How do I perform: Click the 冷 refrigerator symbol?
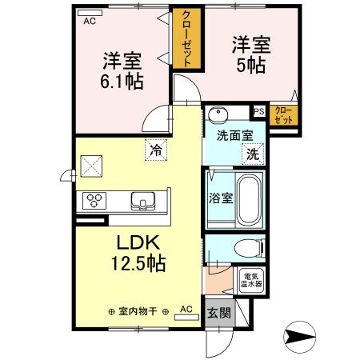point(154,149)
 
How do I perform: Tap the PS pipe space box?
point(259,112)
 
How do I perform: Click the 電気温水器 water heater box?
point(254,278)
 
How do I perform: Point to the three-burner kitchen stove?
point(92,200)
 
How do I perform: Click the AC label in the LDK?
point(186,308)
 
